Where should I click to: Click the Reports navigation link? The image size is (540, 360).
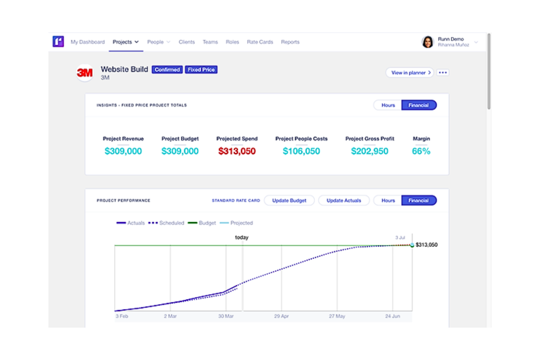[290, 42]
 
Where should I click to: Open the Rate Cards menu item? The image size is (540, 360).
[260, 42]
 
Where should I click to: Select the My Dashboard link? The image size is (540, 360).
[88, 42]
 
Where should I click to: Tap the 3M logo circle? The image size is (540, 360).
[85, 73]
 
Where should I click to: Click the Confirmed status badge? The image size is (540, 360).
[167, 70]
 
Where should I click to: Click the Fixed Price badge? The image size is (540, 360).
[201, 70]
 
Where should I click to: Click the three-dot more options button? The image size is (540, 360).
[443, 73]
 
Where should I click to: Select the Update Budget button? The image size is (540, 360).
[289, 201]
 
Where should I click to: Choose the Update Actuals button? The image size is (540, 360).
[344, 201]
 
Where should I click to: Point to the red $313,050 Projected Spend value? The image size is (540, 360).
[237, 151]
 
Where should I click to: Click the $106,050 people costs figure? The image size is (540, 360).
[301, 151]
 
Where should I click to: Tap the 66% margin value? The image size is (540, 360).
[421, 151]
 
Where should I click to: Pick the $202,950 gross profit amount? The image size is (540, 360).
[370, 151]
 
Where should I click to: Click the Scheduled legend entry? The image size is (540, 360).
[166, 223]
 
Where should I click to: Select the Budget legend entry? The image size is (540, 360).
[202, 223]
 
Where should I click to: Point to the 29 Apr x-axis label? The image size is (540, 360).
[281, 316]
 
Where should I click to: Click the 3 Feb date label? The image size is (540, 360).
[122, 316]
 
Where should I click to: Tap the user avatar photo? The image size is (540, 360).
[428, 42]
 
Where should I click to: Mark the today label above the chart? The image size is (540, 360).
[242, 237]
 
